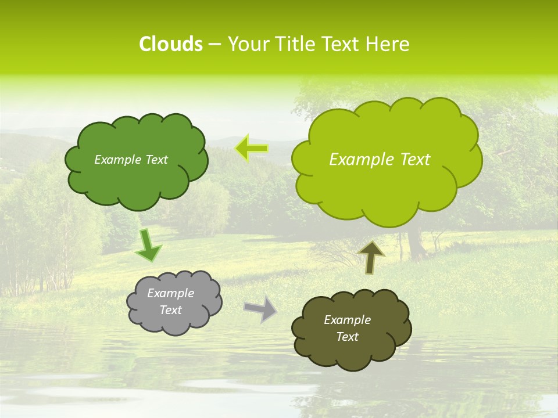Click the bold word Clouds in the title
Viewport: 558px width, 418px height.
(x=170, y=44)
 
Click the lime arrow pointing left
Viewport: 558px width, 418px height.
(x=252, y=149)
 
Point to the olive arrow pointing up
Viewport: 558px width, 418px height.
(x=371, y=257)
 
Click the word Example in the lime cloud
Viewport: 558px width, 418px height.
(x=357, y=160)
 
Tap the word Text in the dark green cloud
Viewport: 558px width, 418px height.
(x=155, y=160)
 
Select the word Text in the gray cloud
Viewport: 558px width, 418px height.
(x=171, y=310)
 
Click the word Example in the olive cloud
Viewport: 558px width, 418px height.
(x=347, y=320)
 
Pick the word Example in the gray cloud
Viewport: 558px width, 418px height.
(x=171, y=293)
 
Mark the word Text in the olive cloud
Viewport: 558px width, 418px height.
(x=347, y=337)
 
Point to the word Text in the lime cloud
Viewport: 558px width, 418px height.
(x=414, y=160)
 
